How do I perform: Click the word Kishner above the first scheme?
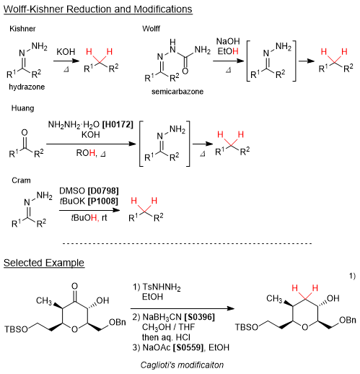click(x=22, y=29)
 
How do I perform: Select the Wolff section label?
click(x=151, y=29)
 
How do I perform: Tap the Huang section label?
click(x=22, y=108)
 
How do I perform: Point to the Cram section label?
click(x=21, y=181)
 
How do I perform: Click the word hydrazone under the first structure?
click(x=27, y=87)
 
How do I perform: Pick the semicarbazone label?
click(x=177, y=92)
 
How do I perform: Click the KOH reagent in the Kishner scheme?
click(x=66, y=52)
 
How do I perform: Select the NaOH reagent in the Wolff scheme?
click(x=228, y=41)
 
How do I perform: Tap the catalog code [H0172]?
click(x=118, y=124)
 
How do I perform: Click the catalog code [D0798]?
click(x=103, y=191)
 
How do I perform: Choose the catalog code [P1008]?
click(x=103, y=201)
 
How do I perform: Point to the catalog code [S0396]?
click(x=199, y=317)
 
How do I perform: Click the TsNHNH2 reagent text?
click(x=162, y=287)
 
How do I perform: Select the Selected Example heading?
click(x=44, y=263)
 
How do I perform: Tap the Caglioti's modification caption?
click(x=182, y=365)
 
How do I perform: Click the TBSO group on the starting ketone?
click(x=16, y=329)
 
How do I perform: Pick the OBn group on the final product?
click(x=348, y=320)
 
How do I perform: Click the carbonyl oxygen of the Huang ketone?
click(x=25, y=133)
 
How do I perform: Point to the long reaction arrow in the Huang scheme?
click(x=91, y=144)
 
